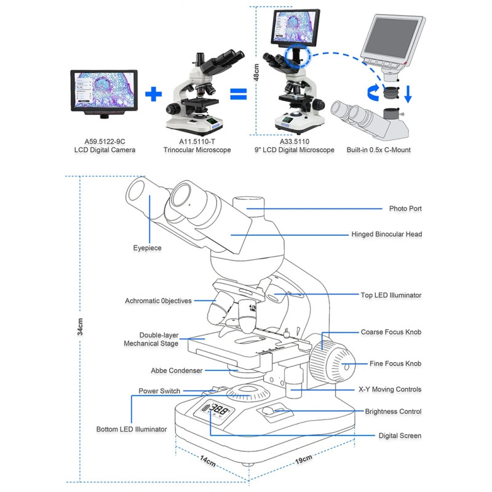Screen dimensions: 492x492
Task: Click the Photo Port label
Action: (405, 208)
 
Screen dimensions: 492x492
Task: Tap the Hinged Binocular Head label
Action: (387, 234)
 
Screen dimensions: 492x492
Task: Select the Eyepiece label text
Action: (147, 248)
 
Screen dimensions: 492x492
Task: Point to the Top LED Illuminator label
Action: (391, 295)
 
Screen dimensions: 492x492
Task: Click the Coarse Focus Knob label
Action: (391, 332)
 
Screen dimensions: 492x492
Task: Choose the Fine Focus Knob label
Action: (395, 363)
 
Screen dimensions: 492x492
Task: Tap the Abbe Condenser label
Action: (177, 371)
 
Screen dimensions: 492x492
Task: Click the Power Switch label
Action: (159, 391)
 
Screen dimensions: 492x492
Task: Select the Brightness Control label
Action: (393, 411)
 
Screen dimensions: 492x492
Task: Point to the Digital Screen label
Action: (400, 435)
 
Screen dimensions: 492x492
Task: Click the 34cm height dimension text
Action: (81, 327)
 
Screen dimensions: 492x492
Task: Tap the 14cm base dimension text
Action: (208, 461)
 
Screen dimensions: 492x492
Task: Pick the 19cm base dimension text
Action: (303, 459)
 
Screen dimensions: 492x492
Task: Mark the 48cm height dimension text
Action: (256, 73)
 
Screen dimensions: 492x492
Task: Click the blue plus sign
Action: (153, 94)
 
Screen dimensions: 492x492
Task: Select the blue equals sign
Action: (239, 94)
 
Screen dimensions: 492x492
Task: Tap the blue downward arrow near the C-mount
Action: (408, 94)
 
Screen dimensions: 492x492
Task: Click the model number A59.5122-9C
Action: (105, 141)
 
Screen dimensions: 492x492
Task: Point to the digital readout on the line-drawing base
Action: (215, 410)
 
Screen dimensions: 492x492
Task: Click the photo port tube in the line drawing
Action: (248, 207)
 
